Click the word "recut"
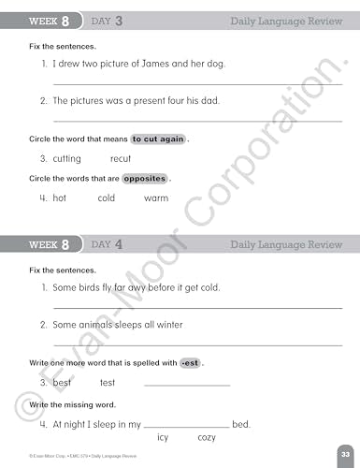coord(121,159)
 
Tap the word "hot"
coord(60,198)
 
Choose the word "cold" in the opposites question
coord(107,198)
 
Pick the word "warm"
coord(156,198)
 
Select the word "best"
coord(63,383)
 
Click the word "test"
coord(108,383)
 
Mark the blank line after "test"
coord(187,384)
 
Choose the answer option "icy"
coord(163,438)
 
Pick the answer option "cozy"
coord(207,438)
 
